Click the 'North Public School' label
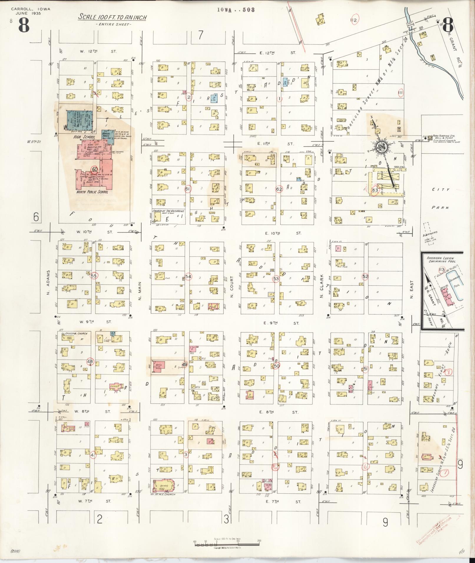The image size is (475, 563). [92, 192]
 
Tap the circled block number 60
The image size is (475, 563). [94, 169]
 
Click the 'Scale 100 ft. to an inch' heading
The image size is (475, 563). [112, 17]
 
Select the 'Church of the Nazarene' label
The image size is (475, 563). [168, 211]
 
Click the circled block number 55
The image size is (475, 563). [94, 276]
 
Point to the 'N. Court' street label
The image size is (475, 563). [232, 286]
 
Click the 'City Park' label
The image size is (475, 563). [441, 198]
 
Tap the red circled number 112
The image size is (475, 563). [354, 20]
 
